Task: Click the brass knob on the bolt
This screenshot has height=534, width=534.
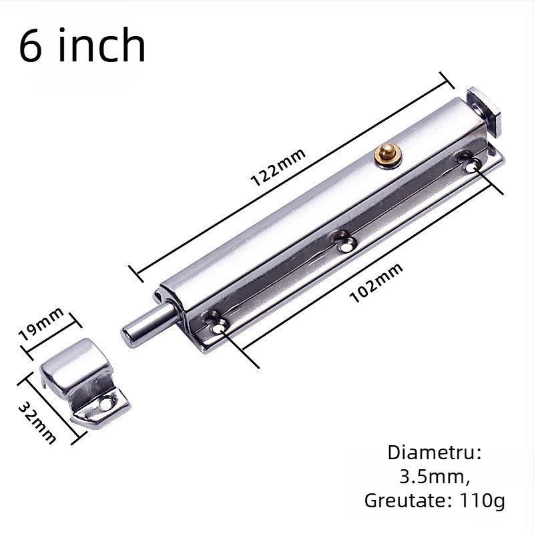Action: point(386,155)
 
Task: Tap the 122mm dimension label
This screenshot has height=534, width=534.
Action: point(278,168)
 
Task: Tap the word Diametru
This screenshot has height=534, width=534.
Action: point(435,453)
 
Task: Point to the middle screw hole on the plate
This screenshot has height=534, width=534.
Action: point(345,244)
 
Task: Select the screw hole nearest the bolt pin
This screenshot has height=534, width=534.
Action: point(219,325)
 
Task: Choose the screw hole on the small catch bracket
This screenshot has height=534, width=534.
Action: point(106,403)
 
